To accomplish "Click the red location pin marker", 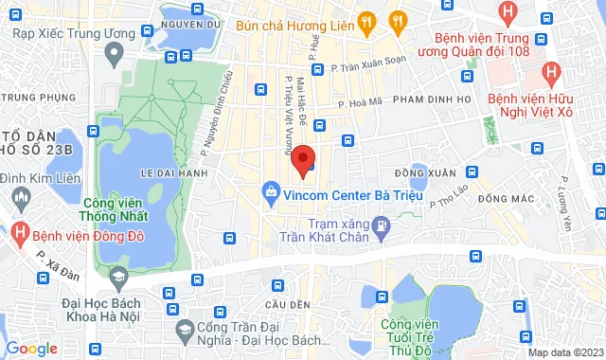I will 302,160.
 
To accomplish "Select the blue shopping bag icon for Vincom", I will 271,192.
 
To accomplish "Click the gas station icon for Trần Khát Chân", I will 381,225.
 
